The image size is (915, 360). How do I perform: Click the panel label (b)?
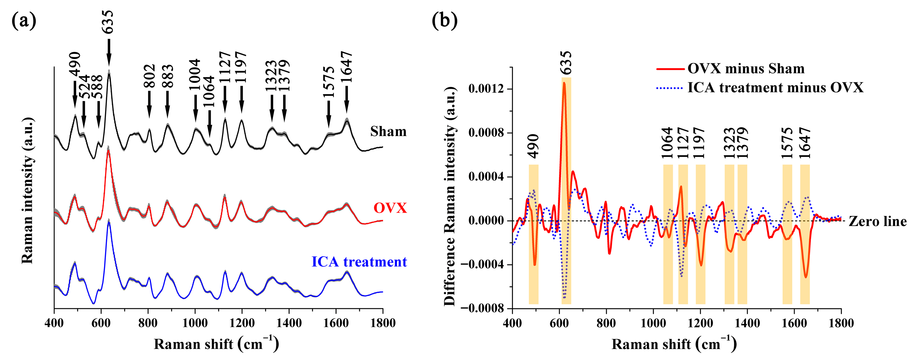[x=444, y=21]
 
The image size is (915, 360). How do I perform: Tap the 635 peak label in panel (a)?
[x=108, y=22]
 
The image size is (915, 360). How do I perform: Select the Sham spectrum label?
[x=388, y=131]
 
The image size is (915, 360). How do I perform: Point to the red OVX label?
[x=390, y=208]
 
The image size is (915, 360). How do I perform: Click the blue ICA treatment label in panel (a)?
[x=359, y=262]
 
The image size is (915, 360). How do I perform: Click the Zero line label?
[x=877, y=221]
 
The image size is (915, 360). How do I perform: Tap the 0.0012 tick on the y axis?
[x=486, y=89]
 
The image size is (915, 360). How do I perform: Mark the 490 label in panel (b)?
[x=533, y=146]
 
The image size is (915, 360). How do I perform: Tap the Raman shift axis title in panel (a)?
[x=216, y=344]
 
